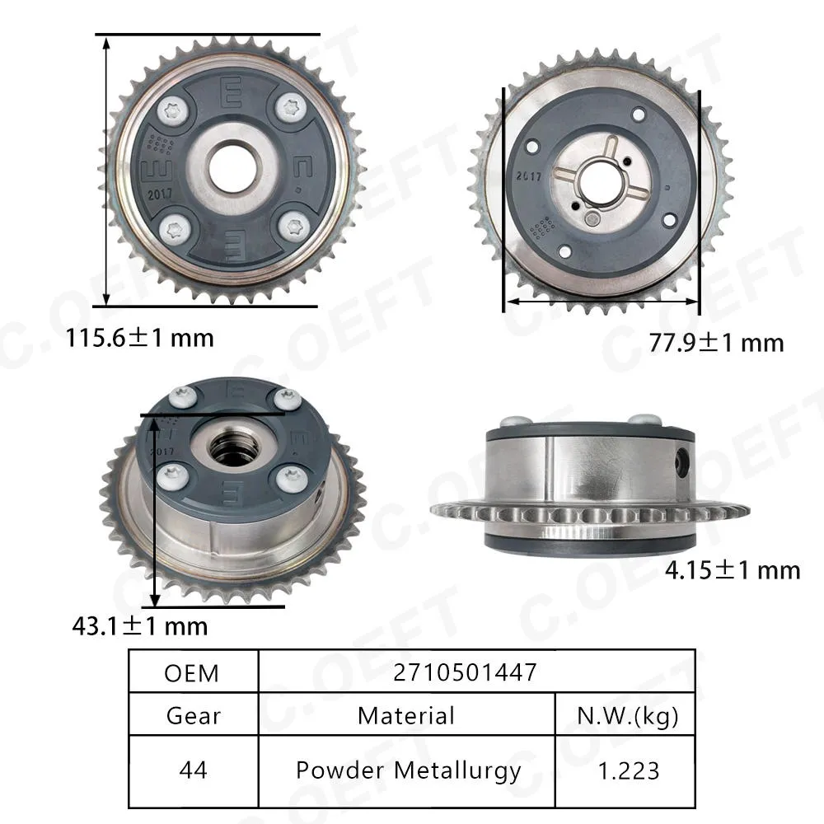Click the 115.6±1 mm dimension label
pyautogui.click(x=140, y=338)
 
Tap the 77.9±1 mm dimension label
pyautogui.click(x=716, y=343)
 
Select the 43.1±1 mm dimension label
pyautogui.click(x=140, y=626)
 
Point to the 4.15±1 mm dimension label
pyautogui.click(x=733, y=570)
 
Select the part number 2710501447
pyautogui.click(x=465, y=672)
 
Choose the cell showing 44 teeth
pyautogui.click(x=193, y=770)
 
